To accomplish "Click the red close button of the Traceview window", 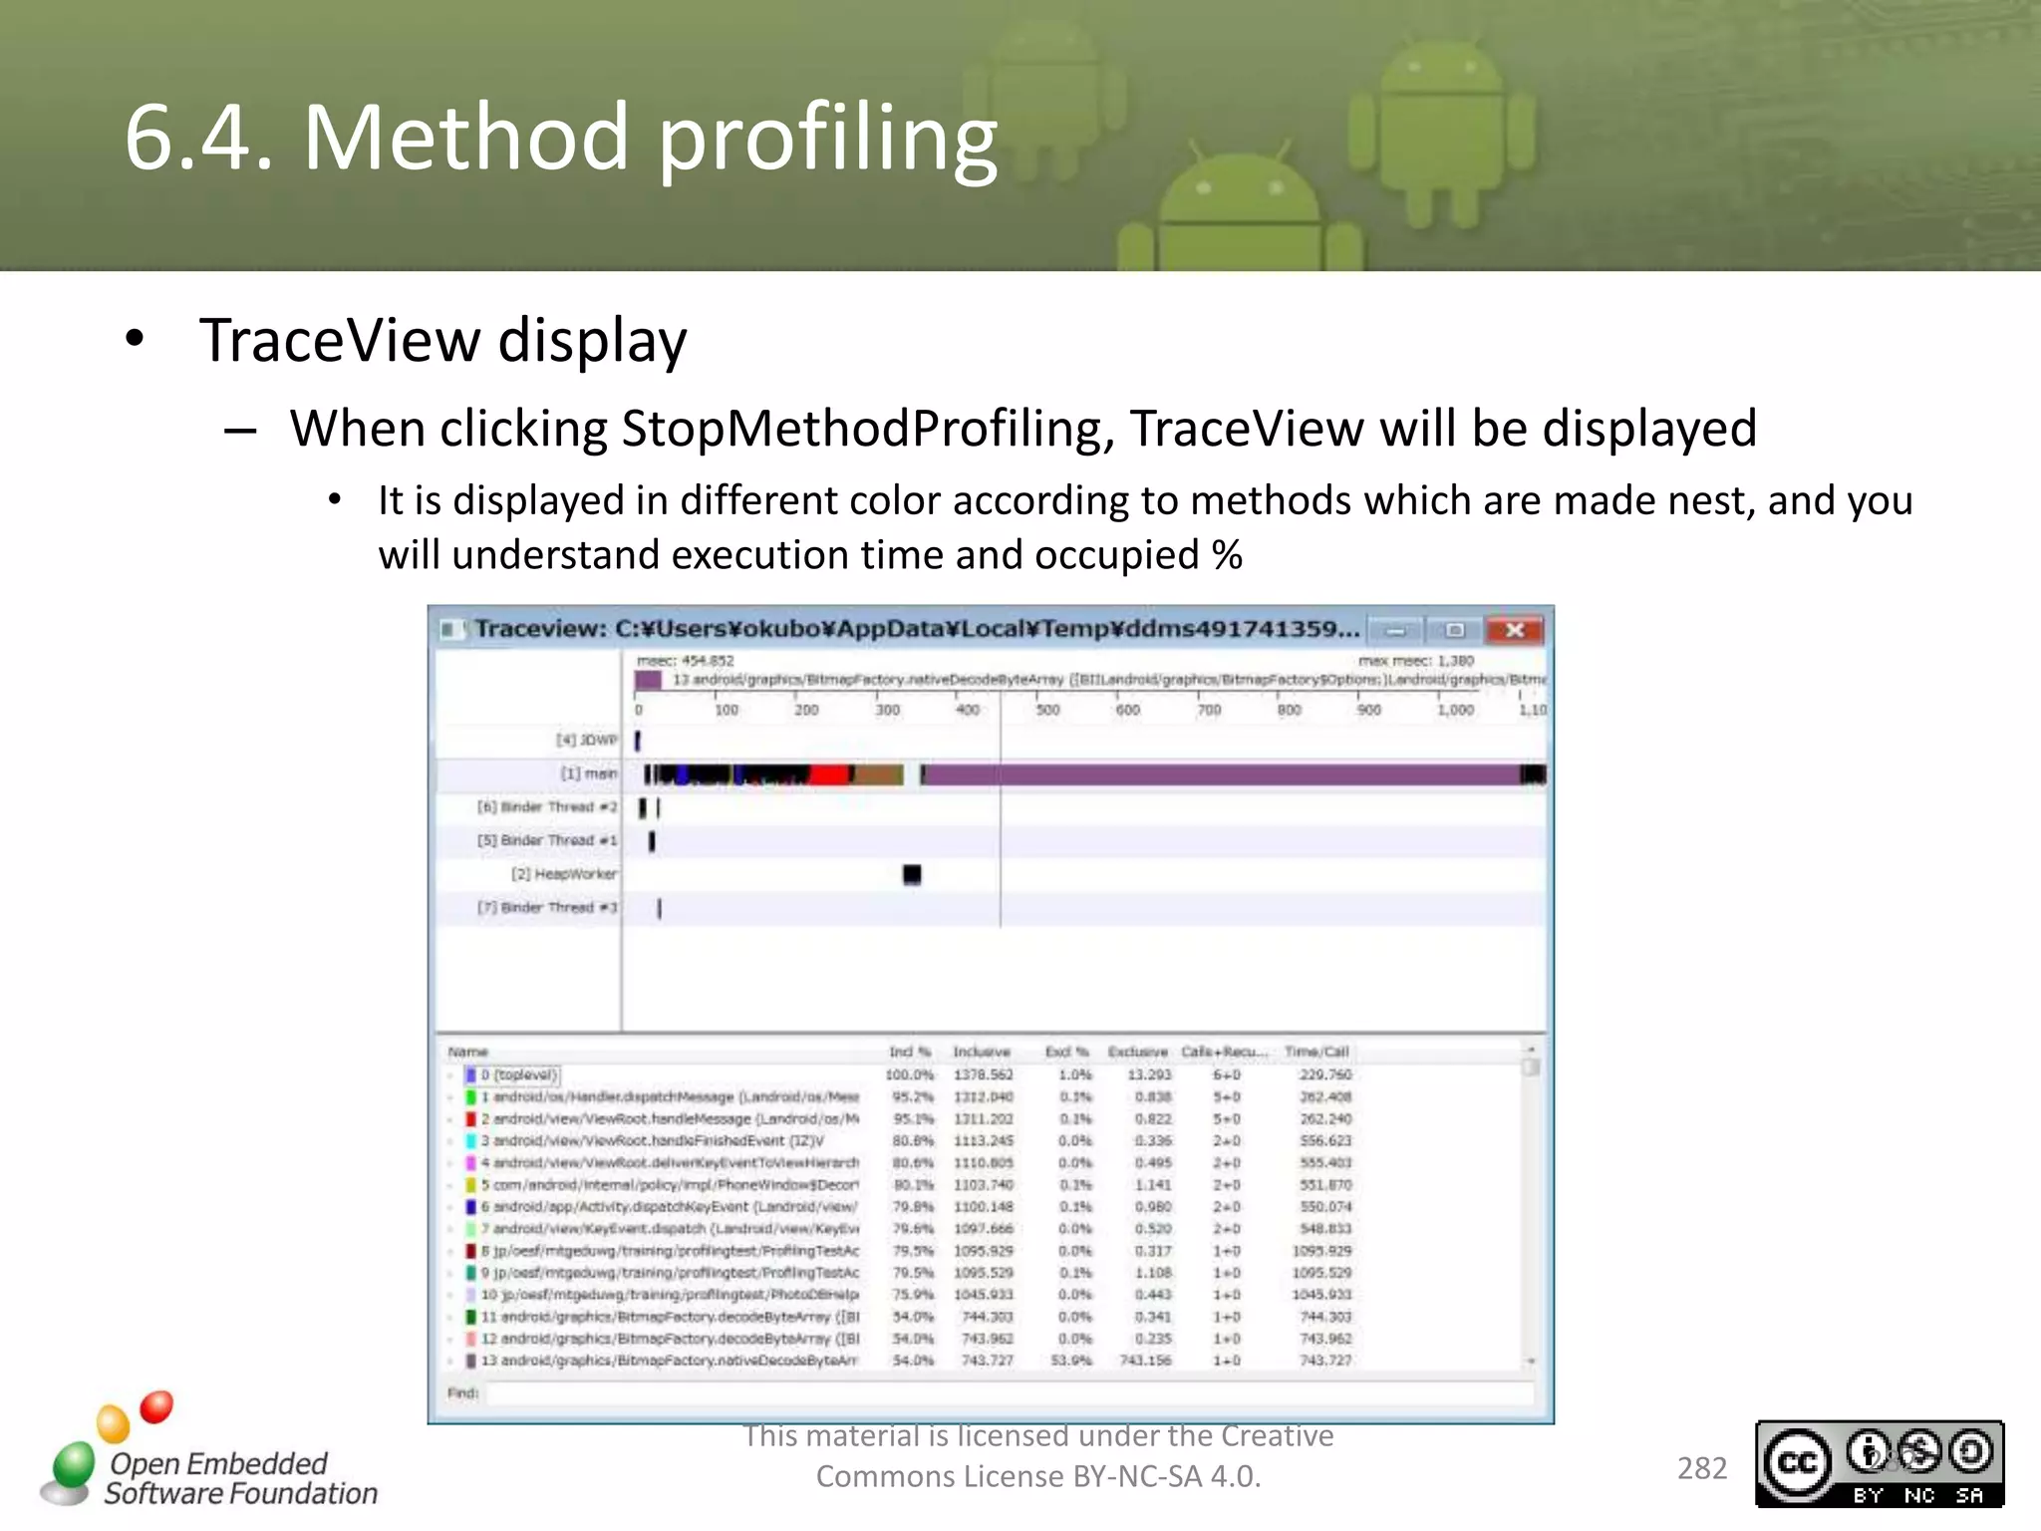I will click(1514, 630).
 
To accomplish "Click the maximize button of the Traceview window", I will click(1454, 630).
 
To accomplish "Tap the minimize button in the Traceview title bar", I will click(1396, 630).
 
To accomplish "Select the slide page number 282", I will click(1701, 1467).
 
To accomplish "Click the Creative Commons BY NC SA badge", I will click(1879, 1463).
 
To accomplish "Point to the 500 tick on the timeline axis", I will click(1047, 710).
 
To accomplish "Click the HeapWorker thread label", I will click(564, 874).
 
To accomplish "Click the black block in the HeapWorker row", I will click(911, 874).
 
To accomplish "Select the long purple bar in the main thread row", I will click(1216, 774).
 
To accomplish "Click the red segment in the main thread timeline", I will click(827, 774).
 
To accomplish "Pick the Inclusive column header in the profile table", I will click(981, 1052).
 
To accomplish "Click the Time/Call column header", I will click(1315, 1052).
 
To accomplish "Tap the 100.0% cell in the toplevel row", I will click(909, 1074).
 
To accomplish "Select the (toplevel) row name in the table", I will click(524, 1074).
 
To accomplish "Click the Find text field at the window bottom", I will click(1007, 1392).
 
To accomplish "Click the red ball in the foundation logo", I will click(156, 1406).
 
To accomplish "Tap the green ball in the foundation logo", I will click(73, 1463).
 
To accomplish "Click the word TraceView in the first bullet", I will click(339, 341).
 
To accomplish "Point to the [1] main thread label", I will click(588, 773).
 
